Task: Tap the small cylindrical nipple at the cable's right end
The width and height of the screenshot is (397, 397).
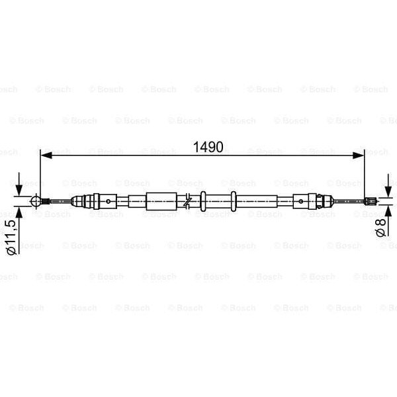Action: [371, 200]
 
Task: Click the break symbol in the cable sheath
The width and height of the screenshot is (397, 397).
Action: [189, 200]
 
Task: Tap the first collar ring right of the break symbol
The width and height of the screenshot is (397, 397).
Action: [204, 200]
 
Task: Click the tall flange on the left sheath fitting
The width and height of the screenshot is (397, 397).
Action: [95, 200]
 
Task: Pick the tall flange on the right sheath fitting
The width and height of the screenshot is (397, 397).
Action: [315, 200]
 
